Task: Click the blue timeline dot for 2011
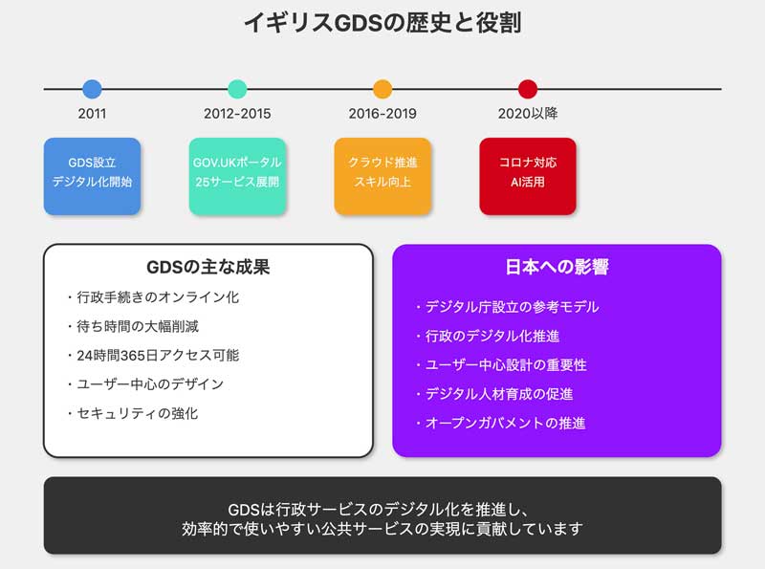(92, 89)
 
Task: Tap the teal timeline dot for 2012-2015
(237, 89)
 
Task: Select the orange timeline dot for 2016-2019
(382, 89)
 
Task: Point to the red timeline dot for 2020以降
(528, 89)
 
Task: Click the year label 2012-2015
(237, 114)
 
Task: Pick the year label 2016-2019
(382, 114)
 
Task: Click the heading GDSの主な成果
(208, 268)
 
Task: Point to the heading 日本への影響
(557, 268)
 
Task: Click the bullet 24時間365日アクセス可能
(153, 355)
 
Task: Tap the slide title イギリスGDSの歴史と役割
(382, 22)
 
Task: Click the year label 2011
(92, 114)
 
